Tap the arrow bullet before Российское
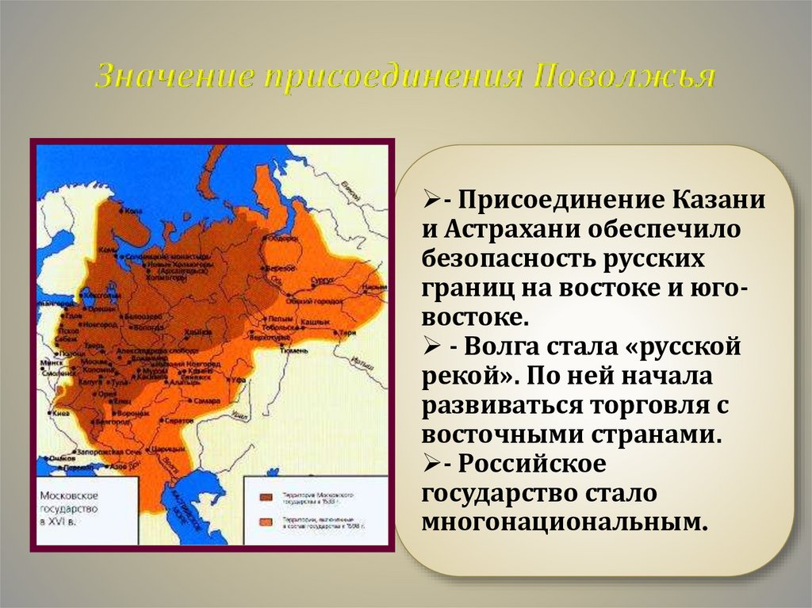coord(431,463)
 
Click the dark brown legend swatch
coord(267,497)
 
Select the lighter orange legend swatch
coord(267,521)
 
